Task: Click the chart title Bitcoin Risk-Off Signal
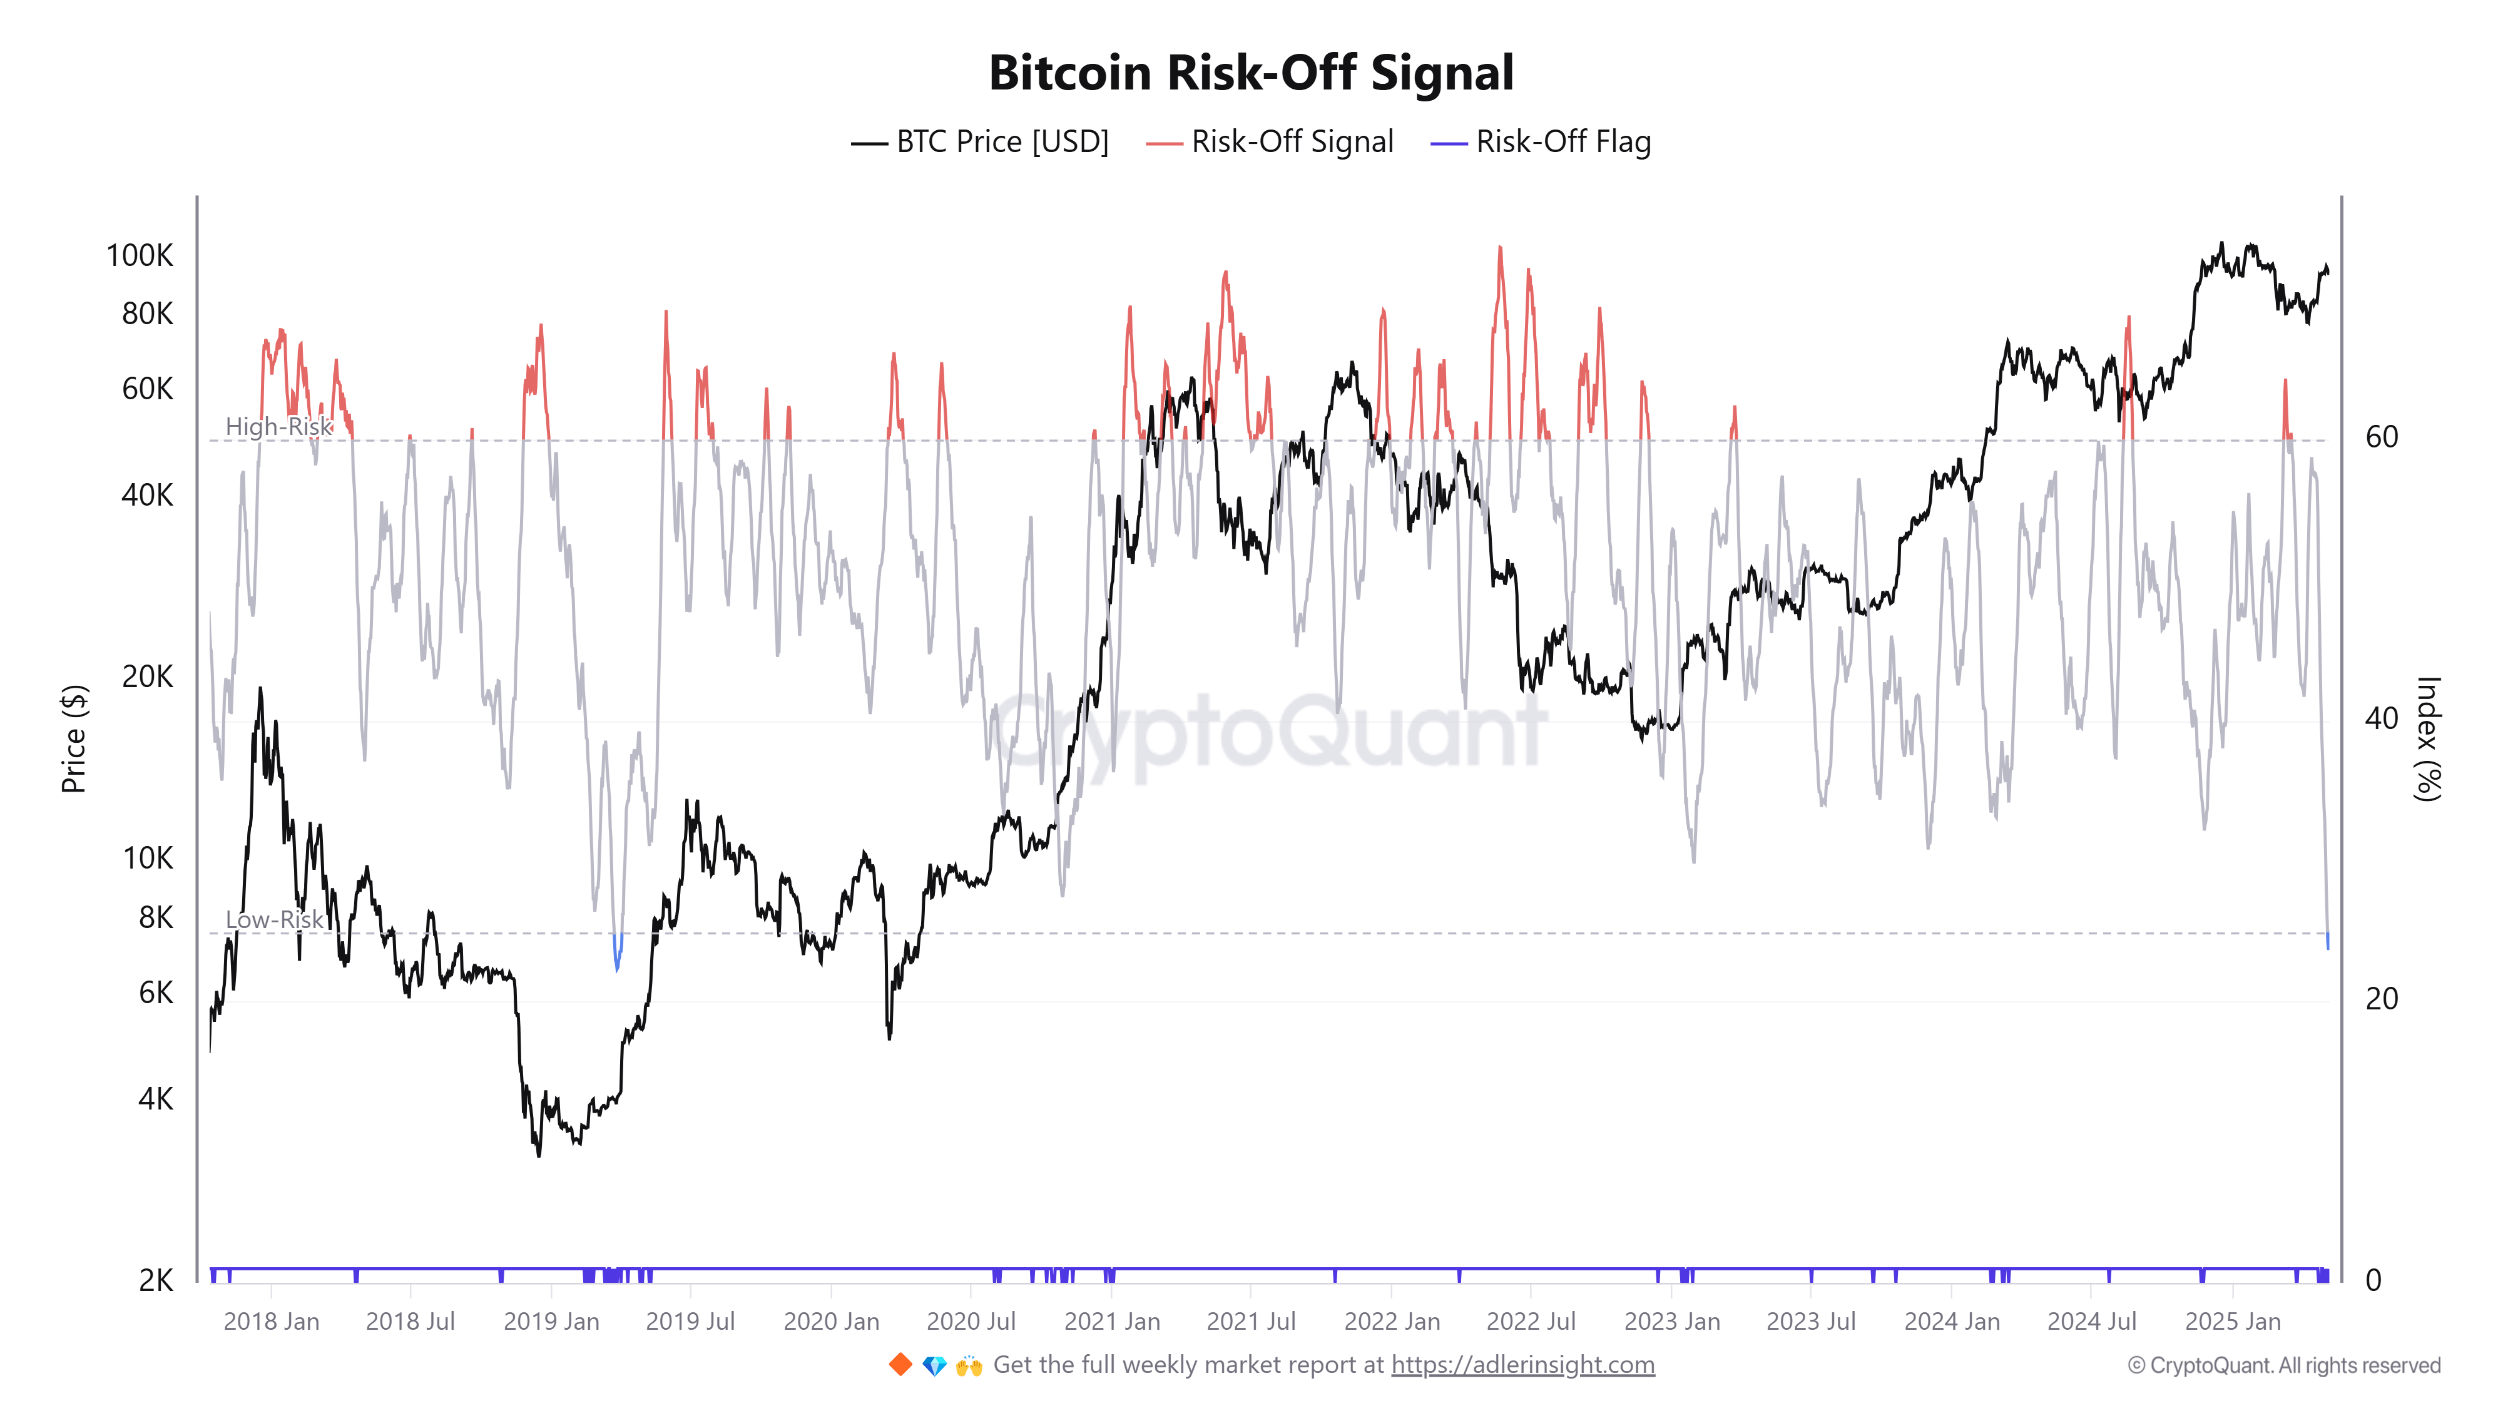[1250, 73]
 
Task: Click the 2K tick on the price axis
[155, 1281]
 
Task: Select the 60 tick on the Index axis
[2382, 437]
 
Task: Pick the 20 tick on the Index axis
[2382, 999]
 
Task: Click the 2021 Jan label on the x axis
[1111, 1322]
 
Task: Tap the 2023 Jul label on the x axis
[1810, 1322]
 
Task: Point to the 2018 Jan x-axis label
[271, 1322]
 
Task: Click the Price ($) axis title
[74, 738]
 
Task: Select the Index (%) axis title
[2427, 738]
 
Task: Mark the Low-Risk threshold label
[274, 919]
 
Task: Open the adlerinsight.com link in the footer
[1522, 1365]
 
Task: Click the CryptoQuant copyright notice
[2283, 1365]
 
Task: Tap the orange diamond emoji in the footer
[900, 1365]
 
